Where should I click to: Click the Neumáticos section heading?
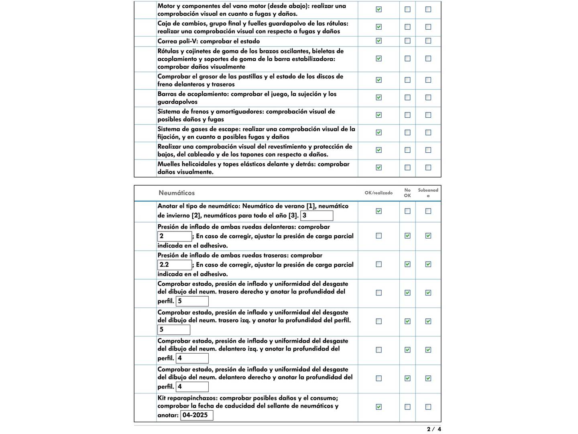coord(177,193)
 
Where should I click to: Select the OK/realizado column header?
coord(379,193)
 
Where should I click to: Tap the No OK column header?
coord(407,193)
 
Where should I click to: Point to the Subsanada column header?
coord(428,193)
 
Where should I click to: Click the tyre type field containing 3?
coord(317,216)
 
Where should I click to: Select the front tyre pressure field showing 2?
coord(175,236)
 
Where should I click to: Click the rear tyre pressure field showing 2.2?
coord(175,265)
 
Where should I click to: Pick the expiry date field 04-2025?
coord(197,415)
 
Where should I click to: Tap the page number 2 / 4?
coord(434,429)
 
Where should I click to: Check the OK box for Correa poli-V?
coord(379,41)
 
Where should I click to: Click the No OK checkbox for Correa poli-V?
coord(407,41)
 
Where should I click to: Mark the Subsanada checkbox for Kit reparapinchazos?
coord(428,407)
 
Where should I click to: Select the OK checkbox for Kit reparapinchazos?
coord(379,407)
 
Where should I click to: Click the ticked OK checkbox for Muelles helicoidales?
coord(379,168)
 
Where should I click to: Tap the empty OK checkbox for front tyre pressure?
coord(379,236)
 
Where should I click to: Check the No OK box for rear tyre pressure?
coord(407,264)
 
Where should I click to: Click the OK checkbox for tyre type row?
coord(379,211)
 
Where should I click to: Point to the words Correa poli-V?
coord(177,41)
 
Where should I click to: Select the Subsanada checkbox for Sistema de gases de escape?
coord(428,133)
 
